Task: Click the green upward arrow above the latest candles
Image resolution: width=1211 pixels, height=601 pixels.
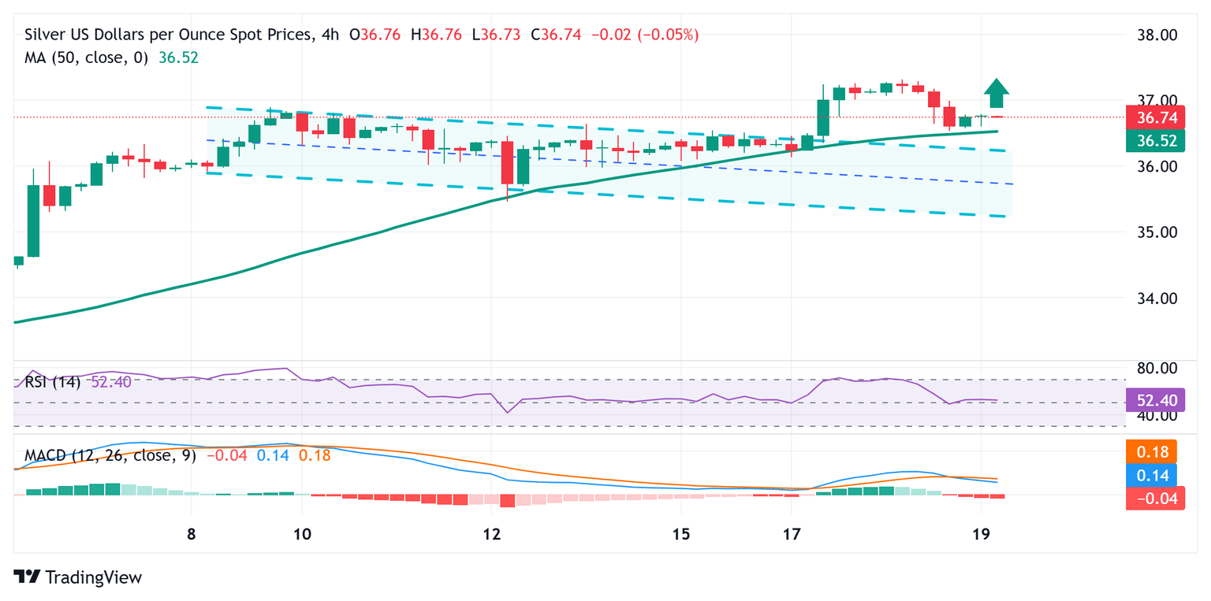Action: [x=997, y=94]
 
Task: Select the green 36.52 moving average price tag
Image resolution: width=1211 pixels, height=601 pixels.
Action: [x=1155, y=142]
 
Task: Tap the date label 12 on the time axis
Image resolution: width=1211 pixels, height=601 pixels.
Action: [x=492, y=532]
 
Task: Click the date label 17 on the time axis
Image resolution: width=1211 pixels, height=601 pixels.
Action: [x=792, y=532]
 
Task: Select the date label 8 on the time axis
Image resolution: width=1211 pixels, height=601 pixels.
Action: [x=192, y=532]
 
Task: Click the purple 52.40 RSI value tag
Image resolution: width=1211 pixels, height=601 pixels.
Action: [x=1155, y=401]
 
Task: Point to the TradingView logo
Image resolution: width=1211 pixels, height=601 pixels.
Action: [x=78, y=577]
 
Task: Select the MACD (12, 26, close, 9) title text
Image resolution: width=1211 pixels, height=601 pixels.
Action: [x=111, y=455]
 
